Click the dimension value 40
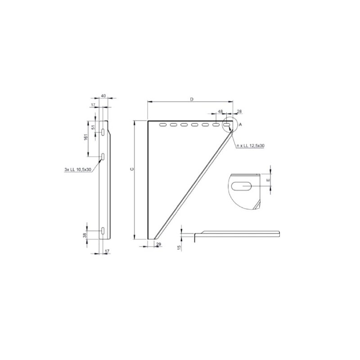point(103,96)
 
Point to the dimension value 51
point(94,126)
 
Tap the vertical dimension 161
point(85,137)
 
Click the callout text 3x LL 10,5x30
point(78,170)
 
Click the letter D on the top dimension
point(191,99)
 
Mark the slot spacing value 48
point(220,111)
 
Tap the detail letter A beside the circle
point(240,124)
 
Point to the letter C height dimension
point(131,169)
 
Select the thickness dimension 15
point(179,247)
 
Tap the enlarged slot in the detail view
point(243,184)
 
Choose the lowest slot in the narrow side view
point(103,231)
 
